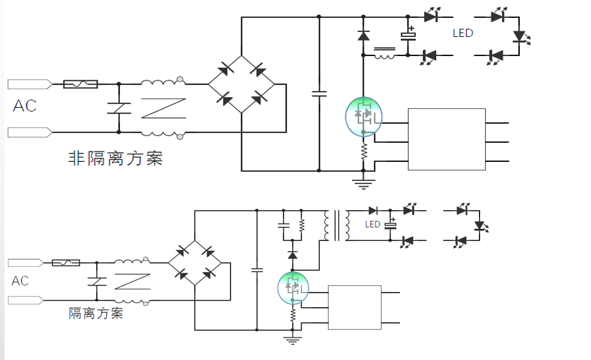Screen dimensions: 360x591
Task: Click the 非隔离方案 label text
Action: (x=115, y=158)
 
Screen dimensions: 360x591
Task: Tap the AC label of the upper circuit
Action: (x=25, y=106)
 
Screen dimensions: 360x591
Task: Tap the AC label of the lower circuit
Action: (x=20, y=281)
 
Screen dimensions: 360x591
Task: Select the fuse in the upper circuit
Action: (x=80, y=83)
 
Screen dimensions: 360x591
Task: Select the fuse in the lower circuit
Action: (x=66, y=262)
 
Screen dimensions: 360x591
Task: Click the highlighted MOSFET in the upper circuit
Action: (x=364, y=116)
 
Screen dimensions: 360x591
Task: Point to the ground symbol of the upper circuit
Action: (x=364, y=184)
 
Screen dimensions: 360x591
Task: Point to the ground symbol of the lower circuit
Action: (x=292, y=340)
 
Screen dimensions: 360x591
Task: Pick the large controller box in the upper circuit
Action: (x=446, y=140)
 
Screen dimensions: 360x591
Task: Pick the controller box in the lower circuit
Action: (x=354, y=307)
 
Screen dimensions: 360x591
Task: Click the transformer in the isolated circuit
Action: (x=337, y=226)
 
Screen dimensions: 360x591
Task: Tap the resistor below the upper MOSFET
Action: (x=364, y=151)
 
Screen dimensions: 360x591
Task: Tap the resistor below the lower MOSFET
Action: (x=293, y=314)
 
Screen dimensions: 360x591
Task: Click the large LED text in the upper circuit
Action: (x=463, y=33)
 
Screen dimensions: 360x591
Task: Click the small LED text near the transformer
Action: (x=373, y=224)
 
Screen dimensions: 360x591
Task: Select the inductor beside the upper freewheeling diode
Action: (x=383, y=54)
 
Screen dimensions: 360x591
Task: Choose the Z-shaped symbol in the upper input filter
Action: (x=163, y=108)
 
